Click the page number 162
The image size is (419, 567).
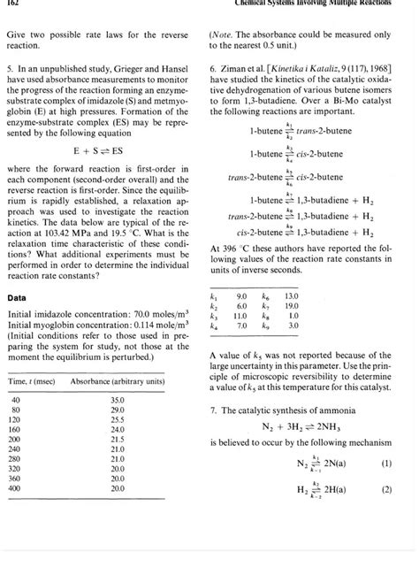click(13, 6)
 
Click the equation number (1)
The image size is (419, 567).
click(385, 461)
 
